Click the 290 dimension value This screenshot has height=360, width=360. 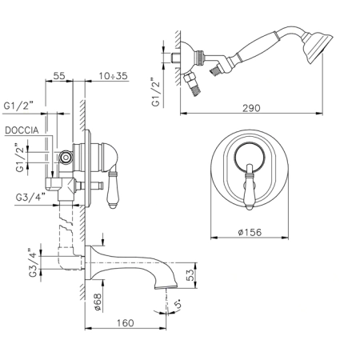click(x=251, y=108)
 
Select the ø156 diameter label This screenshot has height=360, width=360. click(x=250, y=232)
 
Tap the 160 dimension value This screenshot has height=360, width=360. click(x=125, y=323)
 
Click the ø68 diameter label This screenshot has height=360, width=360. click(x=98, y=302)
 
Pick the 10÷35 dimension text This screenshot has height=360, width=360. click(x=114, y=76)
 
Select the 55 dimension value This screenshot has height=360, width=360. click(x=59, y=76)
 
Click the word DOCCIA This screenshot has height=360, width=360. click(x=22, y=130)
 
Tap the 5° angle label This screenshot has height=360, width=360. click(x=179, y=304)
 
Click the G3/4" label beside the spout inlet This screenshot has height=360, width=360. click(x=33, y=262)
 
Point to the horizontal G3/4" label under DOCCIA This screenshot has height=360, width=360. click(x=30, y=198)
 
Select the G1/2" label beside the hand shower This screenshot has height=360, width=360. click(x=156, y=92)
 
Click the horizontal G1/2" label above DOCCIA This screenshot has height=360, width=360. click(x=18, y=106)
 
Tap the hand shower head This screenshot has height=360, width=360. click(x=318, y=48)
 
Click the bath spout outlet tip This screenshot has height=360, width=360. click(x=166, y=286)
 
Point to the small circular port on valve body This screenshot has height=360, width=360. click(x=66, y=158)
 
